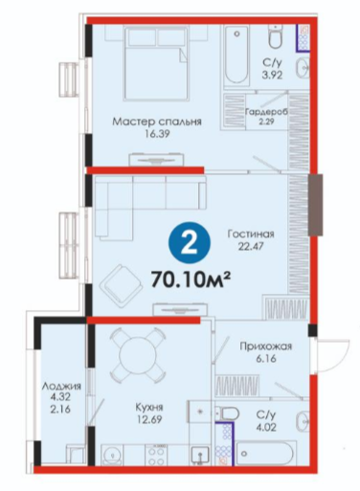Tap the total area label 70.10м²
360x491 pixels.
click(x=191, y=279)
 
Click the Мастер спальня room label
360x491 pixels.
click(x=157, y=122)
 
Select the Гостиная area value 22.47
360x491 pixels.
click(x=251, y=247)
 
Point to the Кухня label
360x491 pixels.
click(x=149, y=407)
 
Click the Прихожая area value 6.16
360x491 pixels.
click(x=266, y=359)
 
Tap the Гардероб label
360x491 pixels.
click(x=266, y=112)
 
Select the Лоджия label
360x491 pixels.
click(x=61, y=387)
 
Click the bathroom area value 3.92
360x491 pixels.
click(x=273, y=76)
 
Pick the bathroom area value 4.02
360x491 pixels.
click(x=266, y=427)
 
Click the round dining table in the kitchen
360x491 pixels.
click(x=136, y=353)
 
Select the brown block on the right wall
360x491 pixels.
click(x=315, y=205)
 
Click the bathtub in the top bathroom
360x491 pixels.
click(x=236, y=55)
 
